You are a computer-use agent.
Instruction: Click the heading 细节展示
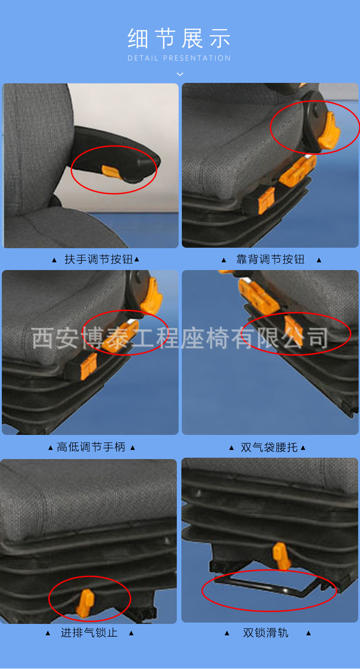coord(179,39)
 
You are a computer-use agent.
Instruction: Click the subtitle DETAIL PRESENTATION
coord(179,58)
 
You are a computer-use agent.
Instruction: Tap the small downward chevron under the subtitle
coord(180,74)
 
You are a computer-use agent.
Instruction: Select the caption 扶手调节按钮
coord(99,260)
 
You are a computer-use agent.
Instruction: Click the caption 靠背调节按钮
coord(270,260)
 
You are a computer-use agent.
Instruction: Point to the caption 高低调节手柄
coord(91,447)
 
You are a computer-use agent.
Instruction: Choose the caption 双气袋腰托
coord(269,448)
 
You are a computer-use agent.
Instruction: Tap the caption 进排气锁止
coord(89,633)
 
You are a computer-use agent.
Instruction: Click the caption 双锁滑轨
coord(266,633)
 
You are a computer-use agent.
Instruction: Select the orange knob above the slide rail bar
coord(282,556)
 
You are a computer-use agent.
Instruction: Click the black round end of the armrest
coord(147,163)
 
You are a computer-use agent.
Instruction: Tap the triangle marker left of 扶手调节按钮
coord(54,260)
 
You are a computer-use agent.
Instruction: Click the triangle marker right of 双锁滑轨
coord(309,633)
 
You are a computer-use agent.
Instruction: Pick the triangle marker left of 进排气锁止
coord(48,633)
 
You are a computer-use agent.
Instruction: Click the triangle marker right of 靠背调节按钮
coord(319,260)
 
